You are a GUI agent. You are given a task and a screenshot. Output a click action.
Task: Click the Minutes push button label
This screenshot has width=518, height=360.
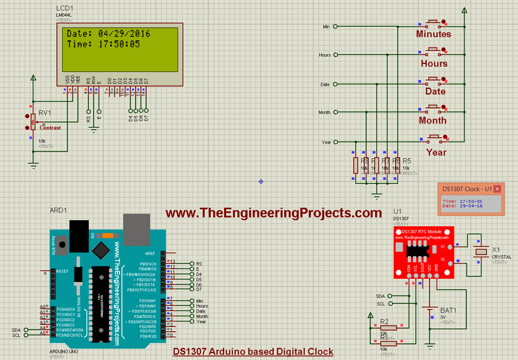[434, 34]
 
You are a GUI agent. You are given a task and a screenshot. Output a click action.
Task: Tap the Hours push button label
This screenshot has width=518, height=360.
[434, 63]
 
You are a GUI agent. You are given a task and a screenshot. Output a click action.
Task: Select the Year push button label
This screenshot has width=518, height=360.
[436, 152]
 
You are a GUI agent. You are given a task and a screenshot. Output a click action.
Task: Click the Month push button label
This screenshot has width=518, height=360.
[433, 121]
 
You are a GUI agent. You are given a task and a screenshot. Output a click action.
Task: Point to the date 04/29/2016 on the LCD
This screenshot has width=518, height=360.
[124, 33]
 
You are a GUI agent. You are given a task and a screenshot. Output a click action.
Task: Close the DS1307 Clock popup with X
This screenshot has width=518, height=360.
[497, 189]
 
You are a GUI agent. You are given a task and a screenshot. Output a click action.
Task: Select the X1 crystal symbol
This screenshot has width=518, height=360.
[480, 252]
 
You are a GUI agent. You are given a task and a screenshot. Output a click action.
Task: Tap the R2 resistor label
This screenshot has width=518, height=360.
[384, 322]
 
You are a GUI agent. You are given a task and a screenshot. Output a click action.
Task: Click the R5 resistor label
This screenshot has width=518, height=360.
[407, 161]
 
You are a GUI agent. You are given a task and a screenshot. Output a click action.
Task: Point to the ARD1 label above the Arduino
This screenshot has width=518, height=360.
[58, 210]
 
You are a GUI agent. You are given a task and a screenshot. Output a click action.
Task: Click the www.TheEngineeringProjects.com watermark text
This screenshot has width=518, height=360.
[274, 213]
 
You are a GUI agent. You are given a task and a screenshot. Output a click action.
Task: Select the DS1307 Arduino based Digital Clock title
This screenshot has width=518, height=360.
[253, 351]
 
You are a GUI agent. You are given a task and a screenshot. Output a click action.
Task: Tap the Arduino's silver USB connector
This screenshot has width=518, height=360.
[137, 227]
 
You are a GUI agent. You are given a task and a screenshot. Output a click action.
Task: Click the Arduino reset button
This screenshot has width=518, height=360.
[61, 247]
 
